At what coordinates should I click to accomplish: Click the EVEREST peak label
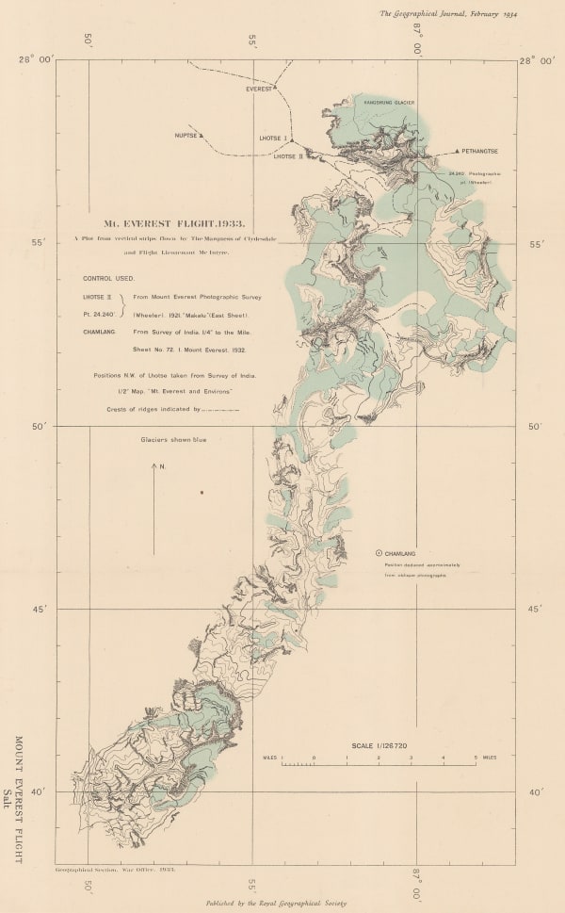259,89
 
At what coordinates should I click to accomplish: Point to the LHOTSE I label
272,139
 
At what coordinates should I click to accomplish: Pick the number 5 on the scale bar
475,757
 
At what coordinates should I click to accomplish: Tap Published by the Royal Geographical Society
276,902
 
